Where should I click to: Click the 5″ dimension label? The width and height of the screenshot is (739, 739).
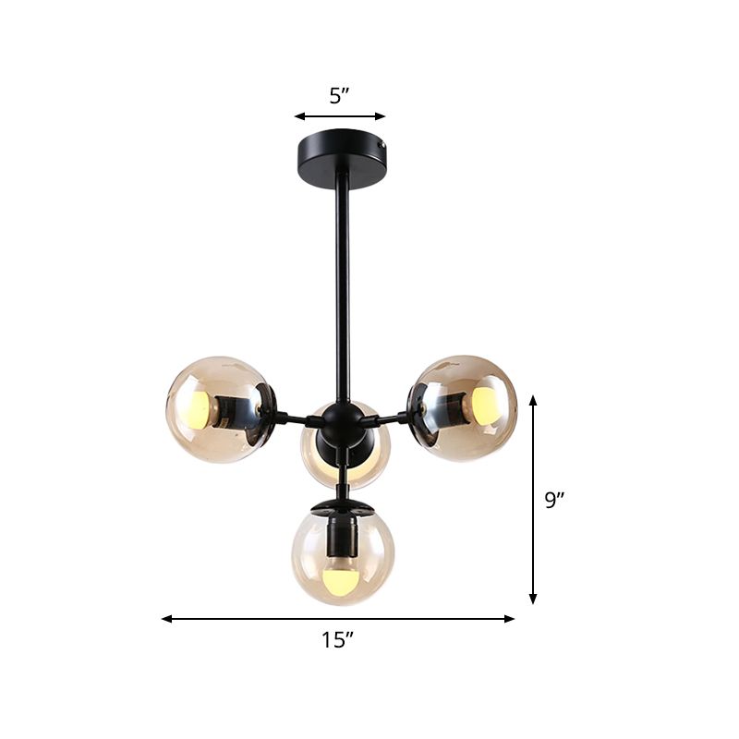coord(339,95)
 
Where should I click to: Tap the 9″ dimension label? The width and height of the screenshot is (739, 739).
coord(553,500)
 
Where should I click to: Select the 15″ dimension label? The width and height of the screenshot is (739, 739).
coord(339,638)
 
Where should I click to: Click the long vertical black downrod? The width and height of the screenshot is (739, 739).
coord(344,286)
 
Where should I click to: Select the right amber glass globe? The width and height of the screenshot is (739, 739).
coord(465,407)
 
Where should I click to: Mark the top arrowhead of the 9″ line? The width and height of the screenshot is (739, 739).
coord(533,399)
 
